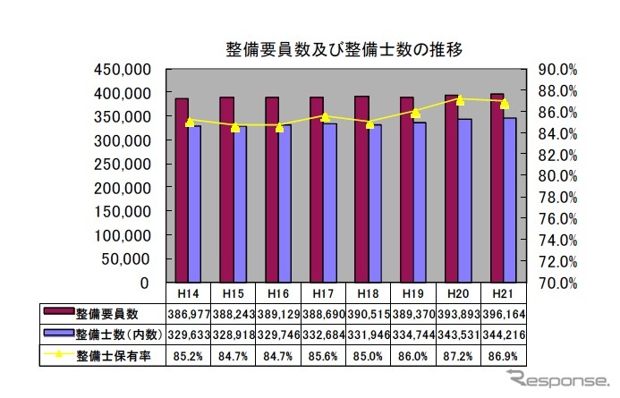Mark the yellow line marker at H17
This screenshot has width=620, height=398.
pyautogui.click(x=325, y=116)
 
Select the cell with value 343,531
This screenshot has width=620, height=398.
pyautogui.click(x=459, y=334)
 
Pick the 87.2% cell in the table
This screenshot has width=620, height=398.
pyautogui.click(x=459, y=356)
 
